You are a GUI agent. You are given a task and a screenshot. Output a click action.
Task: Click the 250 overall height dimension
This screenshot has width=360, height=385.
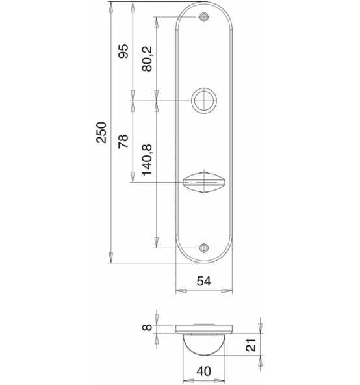pyautogui.click(x=101, y=133)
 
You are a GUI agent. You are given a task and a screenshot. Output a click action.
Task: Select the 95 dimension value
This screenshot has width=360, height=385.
pyautogui.click(x=123, y=51)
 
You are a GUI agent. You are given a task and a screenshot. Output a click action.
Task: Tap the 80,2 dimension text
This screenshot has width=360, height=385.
pyautogui.click(x=147, y=59)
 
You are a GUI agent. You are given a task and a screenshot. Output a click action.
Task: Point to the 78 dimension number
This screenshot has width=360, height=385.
pyautogui.click(x=123, y=141)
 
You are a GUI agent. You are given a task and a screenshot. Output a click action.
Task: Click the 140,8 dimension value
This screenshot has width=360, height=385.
pyautogui.click(x=148, y=160)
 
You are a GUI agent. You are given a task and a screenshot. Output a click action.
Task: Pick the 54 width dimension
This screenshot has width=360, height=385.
pyautogui.click(x=203, y=281)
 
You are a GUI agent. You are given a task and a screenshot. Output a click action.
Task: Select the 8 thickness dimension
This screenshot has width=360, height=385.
pyautogui.click(x=148, y=327)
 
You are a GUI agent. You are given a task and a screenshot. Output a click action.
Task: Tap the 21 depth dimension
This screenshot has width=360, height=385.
pyautogui.click(x=251, y=345)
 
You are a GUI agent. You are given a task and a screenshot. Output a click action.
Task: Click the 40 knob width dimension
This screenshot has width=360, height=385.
pyautogui.click(x=204, y=371)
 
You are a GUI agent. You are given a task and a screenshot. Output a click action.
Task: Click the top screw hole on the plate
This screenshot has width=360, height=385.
pyautogui.click(x=204, y=17)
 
